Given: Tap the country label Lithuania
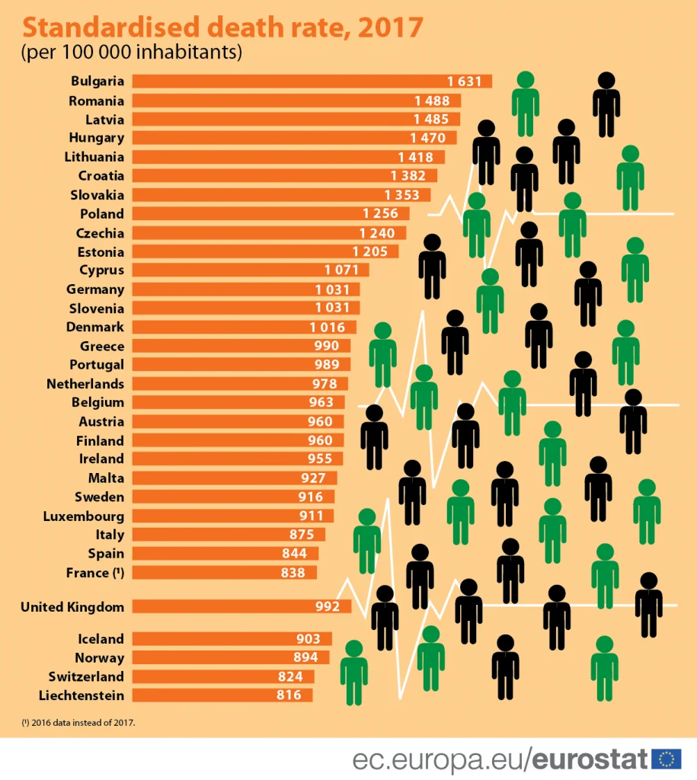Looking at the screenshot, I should (x=96, y=157).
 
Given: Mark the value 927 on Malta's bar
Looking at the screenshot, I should (x=314, y=478).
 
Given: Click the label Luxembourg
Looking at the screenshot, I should (x=86, y=516).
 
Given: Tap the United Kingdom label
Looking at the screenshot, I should (x=72, y=607).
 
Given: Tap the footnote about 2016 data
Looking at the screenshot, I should (x=78, y=721).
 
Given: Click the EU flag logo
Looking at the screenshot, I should (x=668, y=759).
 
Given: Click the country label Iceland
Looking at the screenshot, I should (x=101, y=639).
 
